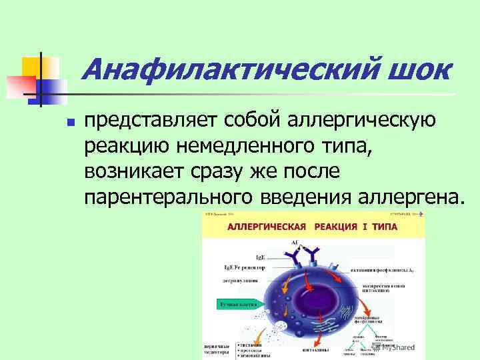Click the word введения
[x=303, y=197]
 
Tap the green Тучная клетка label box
[x=233, y=305]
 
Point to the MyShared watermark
[x=393, y=347]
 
